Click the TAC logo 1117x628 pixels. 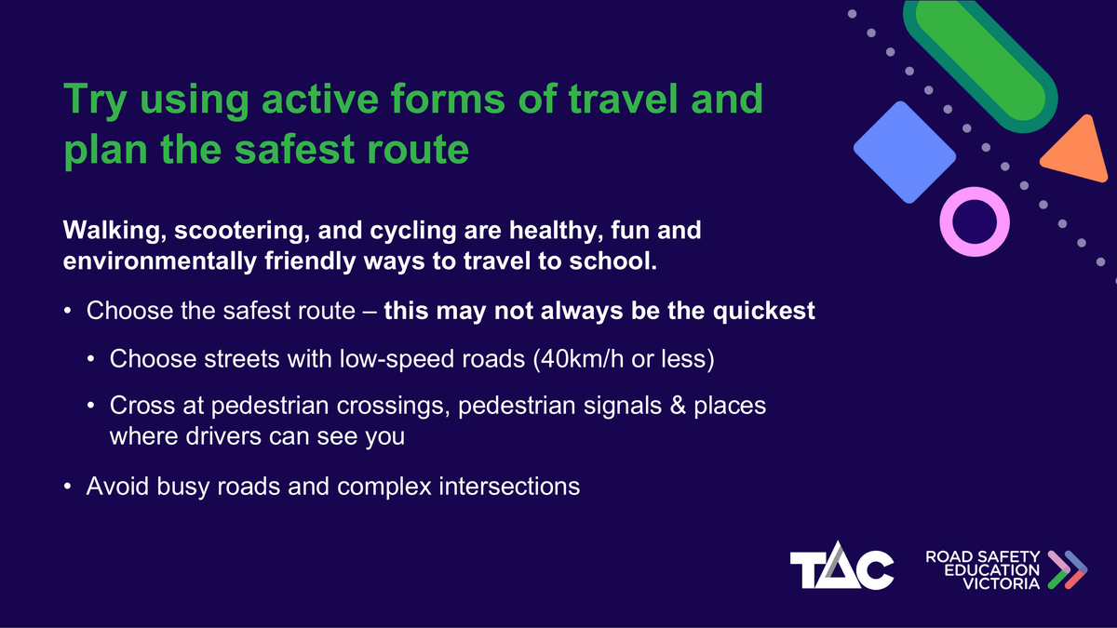pyautogui.click(x=841, y=566)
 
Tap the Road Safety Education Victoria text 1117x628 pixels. pyautogui.click(x=983, y=569)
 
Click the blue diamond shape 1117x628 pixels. pyautogui.click(x=905, y=152)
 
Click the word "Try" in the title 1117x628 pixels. pyautogui.click(x=95, y=100)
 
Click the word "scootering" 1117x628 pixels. pyautogui.click(x=242, y=232)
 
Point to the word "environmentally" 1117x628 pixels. pyautogui.click(x=159, y=261)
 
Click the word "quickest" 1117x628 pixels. pyautogui.click(x=764, y=312)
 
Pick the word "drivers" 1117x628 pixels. pyautogui.click(x=223, y=436)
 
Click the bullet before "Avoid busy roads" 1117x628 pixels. pyautogui.click(x=68, y=486)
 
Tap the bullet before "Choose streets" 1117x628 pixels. pyautogui.click(x=91, y=359)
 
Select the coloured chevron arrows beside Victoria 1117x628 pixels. pyautogui.click(x=1067, y=569)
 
